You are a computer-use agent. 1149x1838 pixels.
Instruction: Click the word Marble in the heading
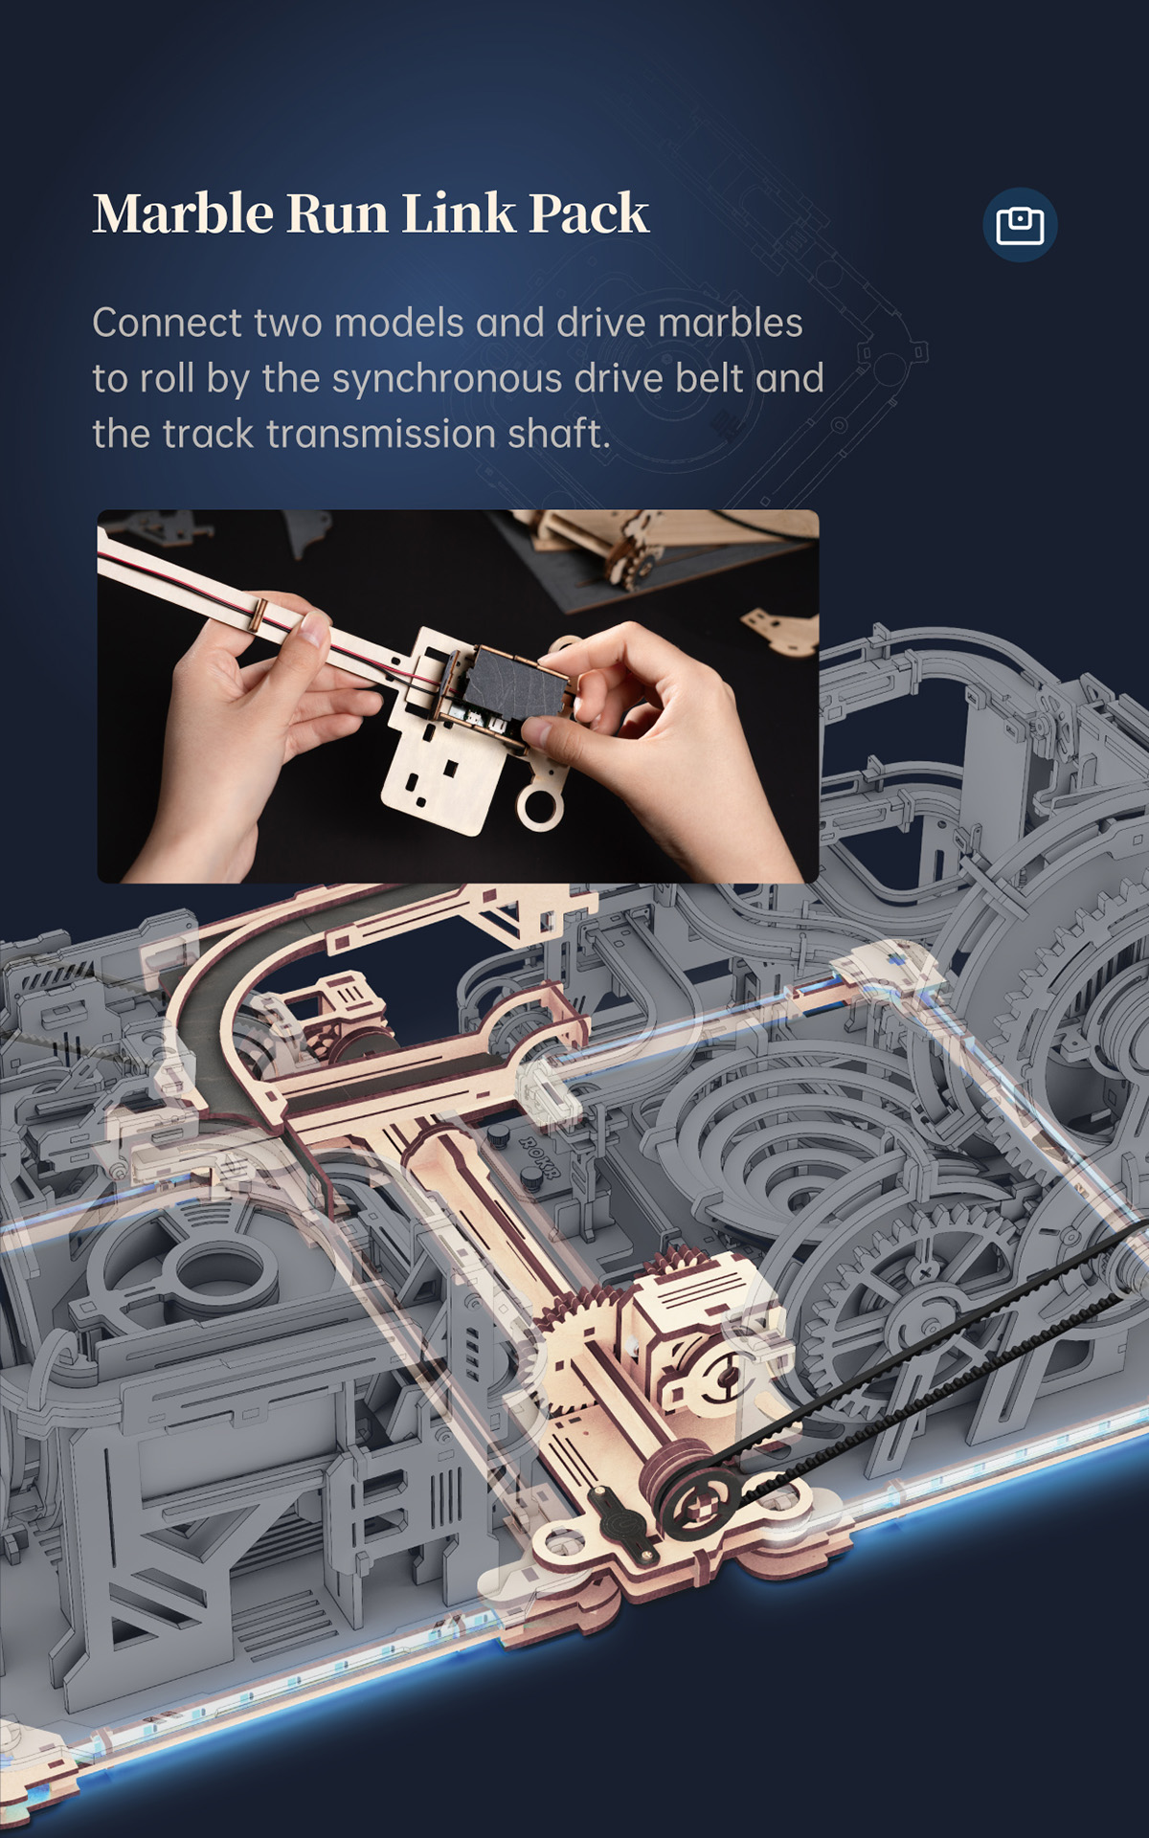coord(183,213)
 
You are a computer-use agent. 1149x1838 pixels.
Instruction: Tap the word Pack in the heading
coord(589,213)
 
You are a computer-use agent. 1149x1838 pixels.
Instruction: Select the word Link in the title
coord(459,213)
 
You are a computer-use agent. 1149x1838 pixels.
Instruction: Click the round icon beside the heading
coord(1020,225)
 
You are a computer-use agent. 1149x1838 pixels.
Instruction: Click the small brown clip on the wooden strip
coord(258,614)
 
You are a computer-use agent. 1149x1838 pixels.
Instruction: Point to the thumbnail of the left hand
coord(314,630)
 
